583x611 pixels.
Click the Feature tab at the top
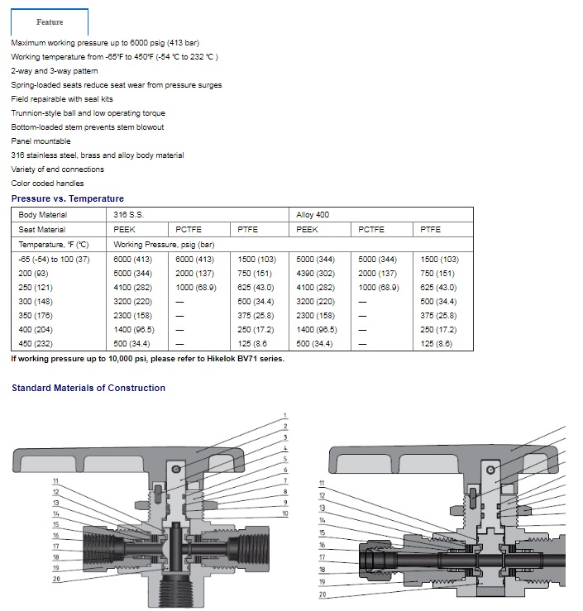click(x=50, y=21)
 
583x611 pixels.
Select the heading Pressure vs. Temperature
click(x=68, y=198)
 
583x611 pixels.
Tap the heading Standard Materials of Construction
click(x=88, y=388)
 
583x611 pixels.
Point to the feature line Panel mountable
click(x=41, y=141)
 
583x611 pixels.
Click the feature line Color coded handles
click(x=47, y=184)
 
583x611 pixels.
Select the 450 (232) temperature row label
click(x=36, y=343)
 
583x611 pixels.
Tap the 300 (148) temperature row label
click(x=36, y=301)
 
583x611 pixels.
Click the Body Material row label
click(x=43, y=215)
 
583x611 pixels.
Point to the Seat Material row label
click(x=42, y=230)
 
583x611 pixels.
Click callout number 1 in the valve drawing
click(x=284, y=415)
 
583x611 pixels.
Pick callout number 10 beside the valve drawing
click(x=285, y=513)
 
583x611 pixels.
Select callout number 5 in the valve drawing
click(x=284, y=458)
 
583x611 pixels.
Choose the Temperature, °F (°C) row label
click(x=54, y=245)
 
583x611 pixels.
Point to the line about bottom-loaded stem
click(x=88, y=127)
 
